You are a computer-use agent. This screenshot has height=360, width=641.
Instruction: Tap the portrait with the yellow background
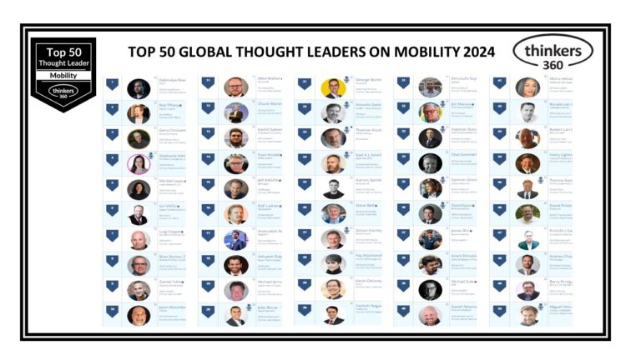(x=333, y=88)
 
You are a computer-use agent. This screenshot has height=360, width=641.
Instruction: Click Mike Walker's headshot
(x=235, y=87)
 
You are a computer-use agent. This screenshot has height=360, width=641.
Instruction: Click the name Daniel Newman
(x=463, y=306)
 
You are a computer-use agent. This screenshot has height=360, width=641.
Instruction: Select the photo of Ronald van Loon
(x=527, y=113)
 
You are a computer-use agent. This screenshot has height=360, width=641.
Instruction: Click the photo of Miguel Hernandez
(x=527, y=315)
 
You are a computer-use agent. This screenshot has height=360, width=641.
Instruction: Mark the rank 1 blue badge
(x=112, y=83)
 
